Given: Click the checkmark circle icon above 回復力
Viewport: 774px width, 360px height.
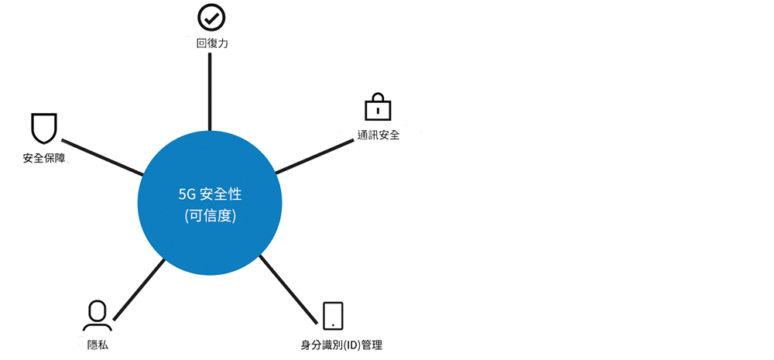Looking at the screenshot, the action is (211, 17).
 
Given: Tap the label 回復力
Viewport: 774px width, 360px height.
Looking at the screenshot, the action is (212, 43).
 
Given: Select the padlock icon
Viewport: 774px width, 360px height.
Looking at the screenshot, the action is (378, 106).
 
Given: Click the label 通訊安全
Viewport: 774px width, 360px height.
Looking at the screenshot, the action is (378, 134).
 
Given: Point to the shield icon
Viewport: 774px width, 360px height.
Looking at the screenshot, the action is (44, 129).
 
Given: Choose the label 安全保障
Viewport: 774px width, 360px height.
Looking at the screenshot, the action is (44, 159).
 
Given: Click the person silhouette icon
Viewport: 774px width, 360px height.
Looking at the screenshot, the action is (98, 315).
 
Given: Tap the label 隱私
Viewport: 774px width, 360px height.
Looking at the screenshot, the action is (98, 345).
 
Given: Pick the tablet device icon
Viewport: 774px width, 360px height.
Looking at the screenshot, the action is (333, 316).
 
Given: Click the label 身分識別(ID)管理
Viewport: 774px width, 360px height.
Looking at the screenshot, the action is (341, 345).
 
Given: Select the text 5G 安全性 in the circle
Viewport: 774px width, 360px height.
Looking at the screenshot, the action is (211, 194).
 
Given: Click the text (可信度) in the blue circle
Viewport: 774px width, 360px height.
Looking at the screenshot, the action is (210, 216).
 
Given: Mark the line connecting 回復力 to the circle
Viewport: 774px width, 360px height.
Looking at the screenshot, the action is (210, 91).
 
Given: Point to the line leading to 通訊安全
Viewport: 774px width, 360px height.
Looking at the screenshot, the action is (314, 156).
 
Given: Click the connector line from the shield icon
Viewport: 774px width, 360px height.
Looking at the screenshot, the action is (102, 157).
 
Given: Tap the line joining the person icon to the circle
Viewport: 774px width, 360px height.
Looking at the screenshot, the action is (139, 290).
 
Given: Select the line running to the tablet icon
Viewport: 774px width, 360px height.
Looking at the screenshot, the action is (288, 290).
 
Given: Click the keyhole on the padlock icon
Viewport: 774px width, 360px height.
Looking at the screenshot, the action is (378, 110).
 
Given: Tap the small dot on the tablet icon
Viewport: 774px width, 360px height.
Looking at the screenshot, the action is (333, 324).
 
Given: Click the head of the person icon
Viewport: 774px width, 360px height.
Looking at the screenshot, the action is (98, 310).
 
